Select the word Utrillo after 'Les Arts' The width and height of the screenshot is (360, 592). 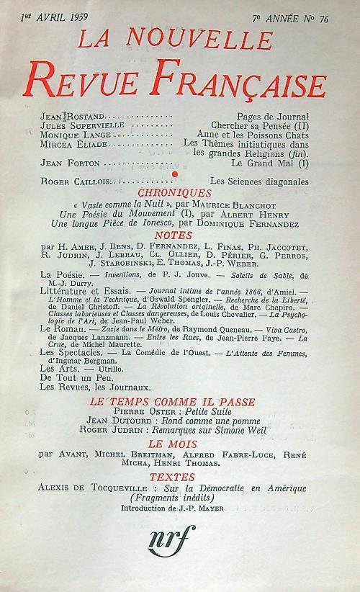tap(107, 367)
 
